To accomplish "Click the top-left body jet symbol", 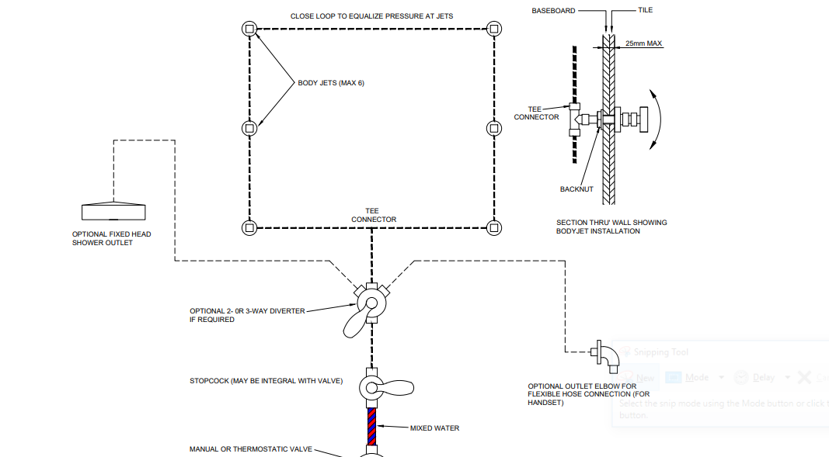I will pos(249,29).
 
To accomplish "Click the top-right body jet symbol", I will pos(493,29).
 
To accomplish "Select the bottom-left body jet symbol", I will pos(249,227).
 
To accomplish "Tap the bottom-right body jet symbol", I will pos(493,227).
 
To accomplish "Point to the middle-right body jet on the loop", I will pos(493,128).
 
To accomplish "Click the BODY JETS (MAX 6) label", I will pos(330,83).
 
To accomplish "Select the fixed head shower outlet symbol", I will pos(114,211).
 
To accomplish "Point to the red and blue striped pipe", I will pos(372,425).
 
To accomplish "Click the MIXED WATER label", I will pos(434,428).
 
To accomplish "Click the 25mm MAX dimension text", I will pos(643,44).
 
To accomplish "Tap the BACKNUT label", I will pos(576,189).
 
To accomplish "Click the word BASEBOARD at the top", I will pos(553,11).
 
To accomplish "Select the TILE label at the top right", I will pos(645,10).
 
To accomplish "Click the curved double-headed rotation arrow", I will pos(657,117).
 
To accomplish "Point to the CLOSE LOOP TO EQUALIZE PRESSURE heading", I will pos(371,16).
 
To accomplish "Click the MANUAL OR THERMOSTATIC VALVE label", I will pos(250,449).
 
